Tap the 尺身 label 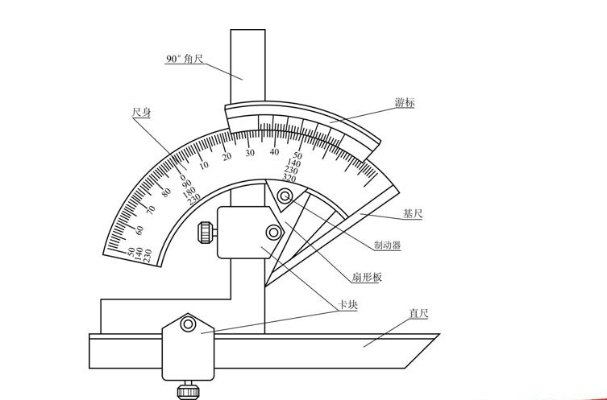tap(142, 113)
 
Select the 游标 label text tap(405, 103)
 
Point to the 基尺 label tap(413, 214)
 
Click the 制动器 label tap(387, 245)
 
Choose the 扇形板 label tap(367, 278)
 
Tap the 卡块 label tap(347, 305)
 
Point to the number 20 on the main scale tap(227, 156)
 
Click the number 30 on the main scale tap(250, 153)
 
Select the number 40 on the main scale tap(274, 152)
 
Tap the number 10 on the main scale tap(204, 165)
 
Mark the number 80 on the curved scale tap(166, 192)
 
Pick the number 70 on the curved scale tap(150, 210)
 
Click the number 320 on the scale tap(289, 178)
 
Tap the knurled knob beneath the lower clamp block tap(188, 390)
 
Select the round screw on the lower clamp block tap(188, 324)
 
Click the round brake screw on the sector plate tap(285, 197)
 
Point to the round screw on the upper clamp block tap(274, 233)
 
